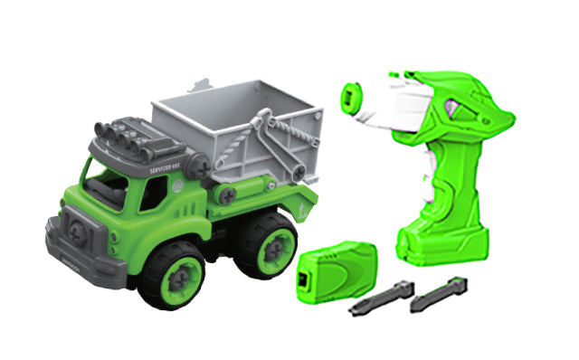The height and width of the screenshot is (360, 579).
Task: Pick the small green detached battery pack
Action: pyautogui.click(x=336, y=267)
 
